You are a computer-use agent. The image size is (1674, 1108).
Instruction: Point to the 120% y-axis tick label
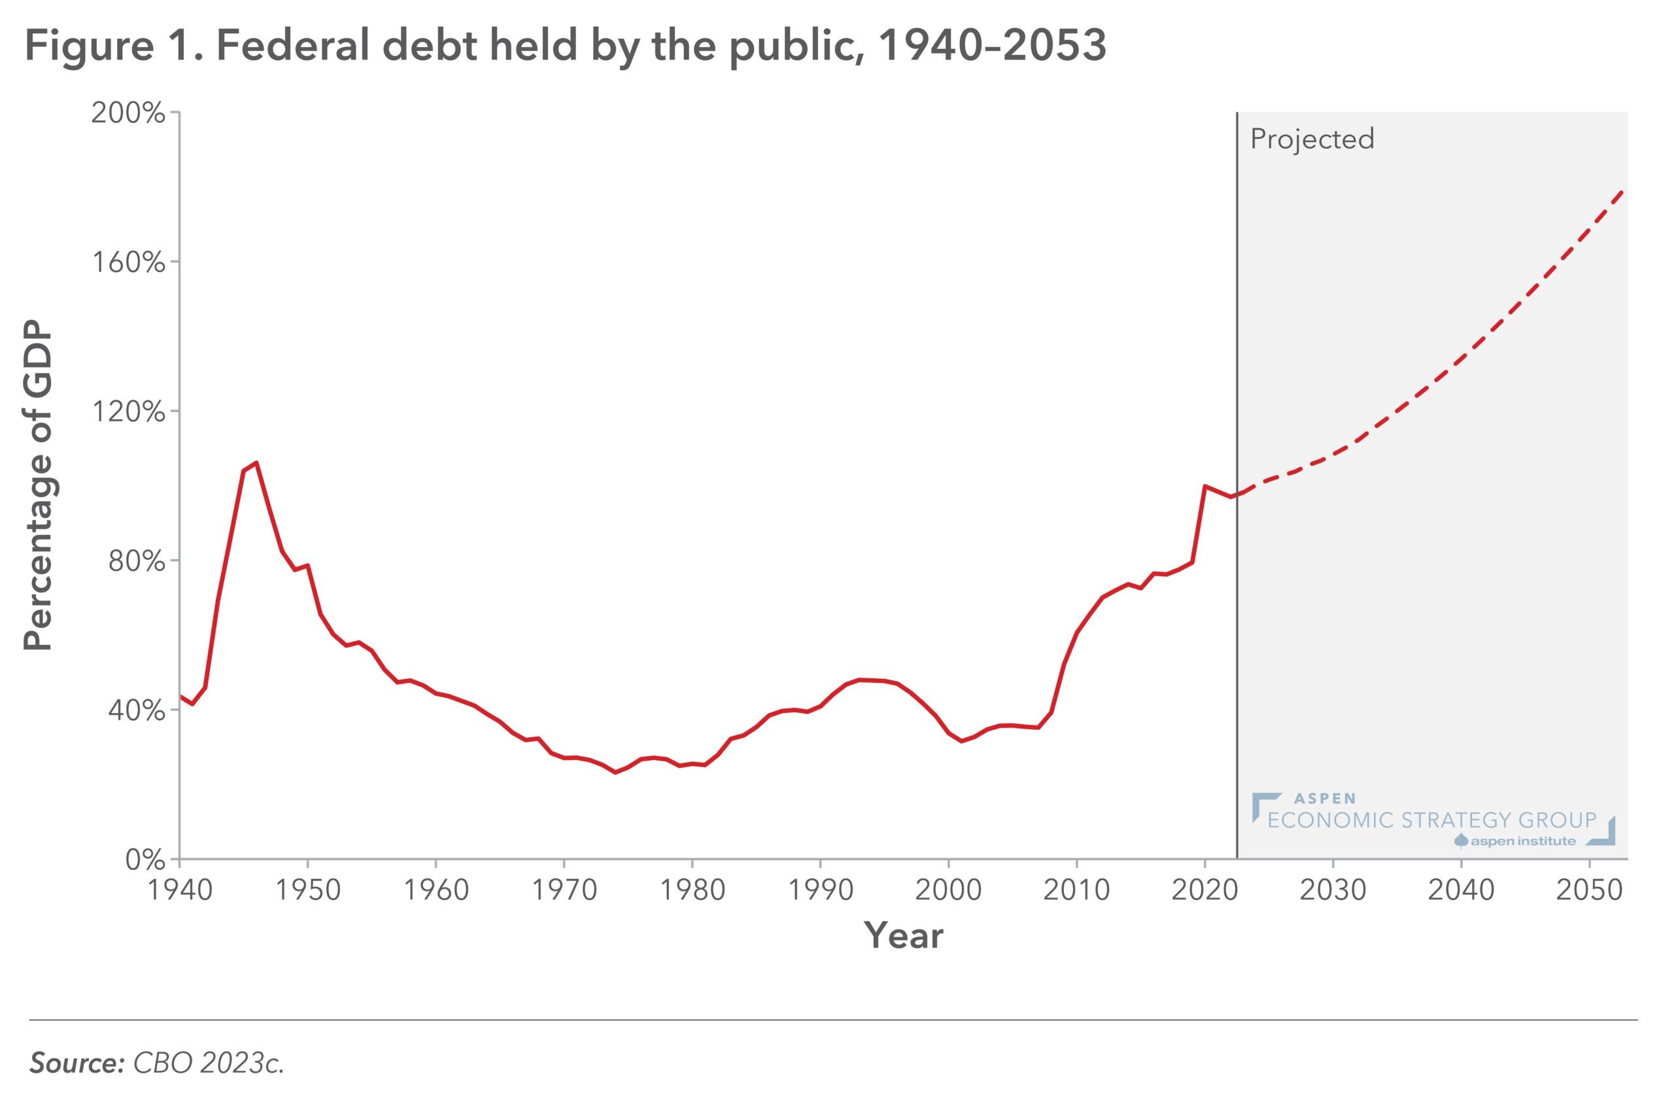click(128, 412)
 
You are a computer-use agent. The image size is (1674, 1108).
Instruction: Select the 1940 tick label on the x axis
click(179, 890)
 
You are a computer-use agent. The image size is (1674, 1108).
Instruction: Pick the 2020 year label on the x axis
click(1204, 890)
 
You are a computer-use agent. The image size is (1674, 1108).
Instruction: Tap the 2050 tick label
click(1589, 890)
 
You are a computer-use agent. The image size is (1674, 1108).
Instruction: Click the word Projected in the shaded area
click(1312, 139)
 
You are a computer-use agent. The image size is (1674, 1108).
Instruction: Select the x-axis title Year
click(904, 936)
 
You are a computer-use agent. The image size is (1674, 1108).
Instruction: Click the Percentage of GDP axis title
click(39, 486)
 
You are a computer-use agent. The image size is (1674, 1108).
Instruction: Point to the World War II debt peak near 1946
click(256, 463)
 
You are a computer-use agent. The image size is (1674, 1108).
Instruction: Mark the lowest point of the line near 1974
click(615, 772)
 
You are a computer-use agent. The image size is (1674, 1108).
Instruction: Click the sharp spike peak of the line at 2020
click(1205, 486)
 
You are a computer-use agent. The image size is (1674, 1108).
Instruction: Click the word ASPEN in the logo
click(1325, 799)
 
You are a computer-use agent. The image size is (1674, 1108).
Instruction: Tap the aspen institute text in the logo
click(1523, 841)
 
